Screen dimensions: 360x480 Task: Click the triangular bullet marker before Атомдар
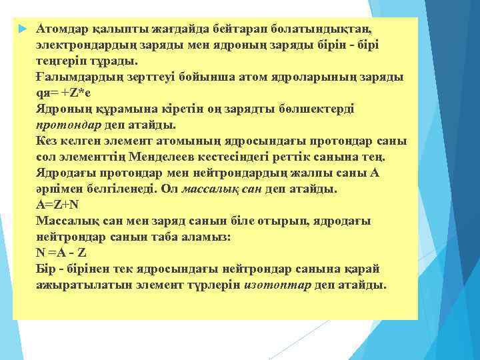point(23,30)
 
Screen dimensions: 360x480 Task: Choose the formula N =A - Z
point(63,253)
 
